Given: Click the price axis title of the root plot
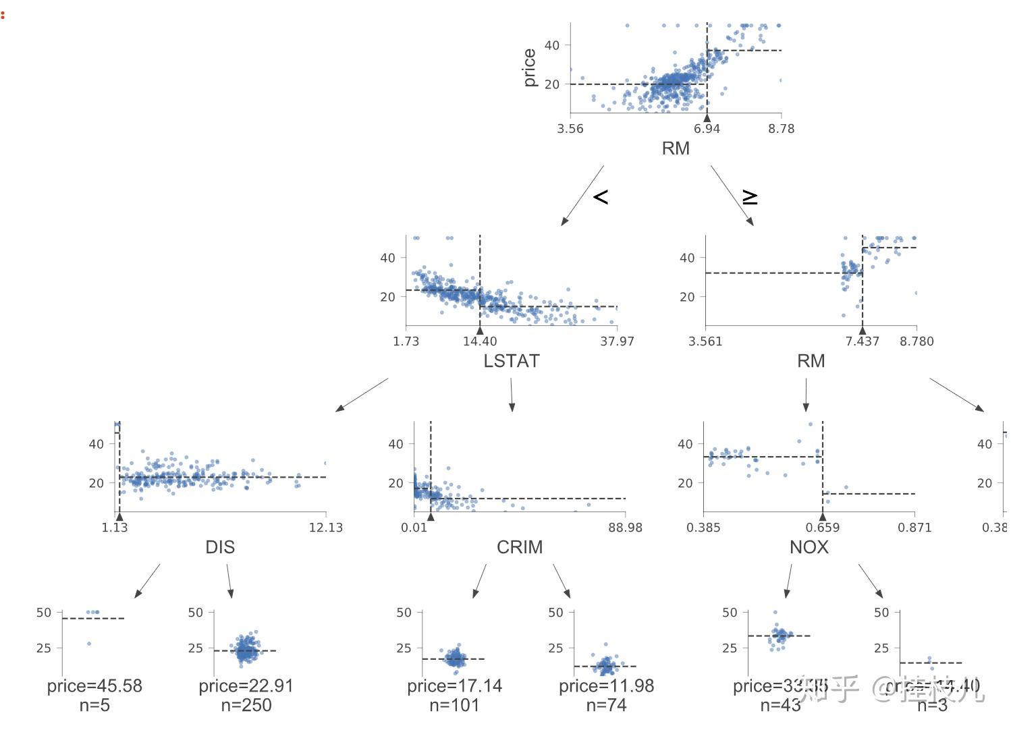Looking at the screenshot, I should coord(530,67).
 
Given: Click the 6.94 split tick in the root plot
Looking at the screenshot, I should coord(707,129).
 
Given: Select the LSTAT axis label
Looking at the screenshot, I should coord(512,361).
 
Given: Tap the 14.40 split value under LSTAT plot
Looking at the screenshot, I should coord(480,341).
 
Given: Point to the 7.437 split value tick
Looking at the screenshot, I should coord(862,341).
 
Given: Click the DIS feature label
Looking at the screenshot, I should coord(220,547).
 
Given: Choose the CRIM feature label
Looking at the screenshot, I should coord(520,547).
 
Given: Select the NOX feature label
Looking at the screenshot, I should coord(809,547).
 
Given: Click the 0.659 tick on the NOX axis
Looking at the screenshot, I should coord(822,528).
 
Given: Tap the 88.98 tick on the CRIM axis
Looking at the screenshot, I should coord(625,528).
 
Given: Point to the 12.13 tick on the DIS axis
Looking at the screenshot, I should coord(325,528).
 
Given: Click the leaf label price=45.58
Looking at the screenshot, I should coord(94,686).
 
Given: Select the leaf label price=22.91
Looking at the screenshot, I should coord(246,686).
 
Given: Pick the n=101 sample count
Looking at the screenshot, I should coord(454,706).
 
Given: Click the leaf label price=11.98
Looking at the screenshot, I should coord(606,686).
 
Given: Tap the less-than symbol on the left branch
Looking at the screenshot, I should coord(601,196).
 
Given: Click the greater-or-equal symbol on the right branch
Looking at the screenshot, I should coord(750,197).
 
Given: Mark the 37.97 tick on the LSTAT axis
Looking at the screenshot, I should coord(617,341).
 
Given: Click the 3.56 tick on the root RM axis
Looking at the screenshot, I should coord(570,129).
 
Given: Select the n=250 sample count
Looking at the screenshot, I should coord(246,706).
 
